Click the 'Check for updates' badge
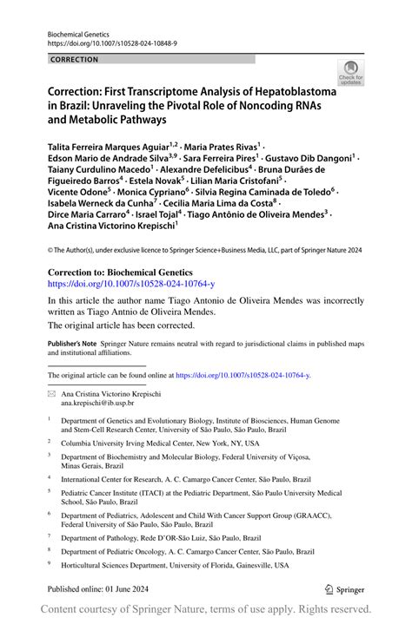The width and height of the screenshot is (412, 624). tap(351, 72)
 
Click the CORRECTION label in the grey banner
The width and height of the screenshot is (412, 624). tap(75, 60)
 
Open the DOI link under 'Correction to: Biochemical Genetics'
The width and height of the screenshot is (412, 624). tap(130, 283)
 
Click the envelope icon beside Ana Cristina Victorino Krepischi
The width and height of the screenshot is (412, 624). tap(51, 393)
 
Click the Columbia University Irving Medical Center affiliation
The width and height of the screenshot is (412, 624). tap(159, 442)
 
